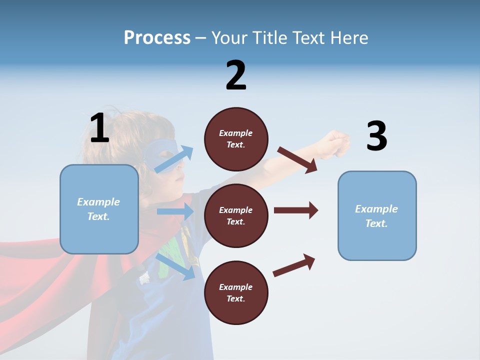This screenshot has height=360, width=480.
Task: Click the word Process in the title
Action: pos(157,38)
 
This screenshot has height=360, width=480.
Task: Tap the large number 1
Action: pos(99,128)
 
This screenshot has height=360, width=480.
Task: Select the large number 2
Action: pos(236,75)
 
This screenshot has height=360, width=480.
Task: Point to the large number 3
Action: pos(376,136)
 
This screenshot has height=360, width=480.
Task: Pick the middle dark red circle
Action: pos(236,215)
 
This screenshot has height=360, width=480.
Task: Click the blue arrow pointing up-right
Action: pos(173,159)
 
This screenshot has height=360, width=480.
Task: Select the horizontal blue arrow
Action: pos(175,211)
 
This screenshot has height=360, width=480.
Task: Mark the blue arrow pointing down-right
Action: pos(175,266)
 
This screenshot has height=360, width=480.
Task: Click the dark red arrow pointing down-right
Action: pos(298,159)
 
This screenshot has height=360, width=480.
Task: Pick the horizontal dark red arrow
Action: pos(295,210)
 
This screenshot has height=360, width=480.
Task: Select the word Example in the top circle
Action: pos(236,133)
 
